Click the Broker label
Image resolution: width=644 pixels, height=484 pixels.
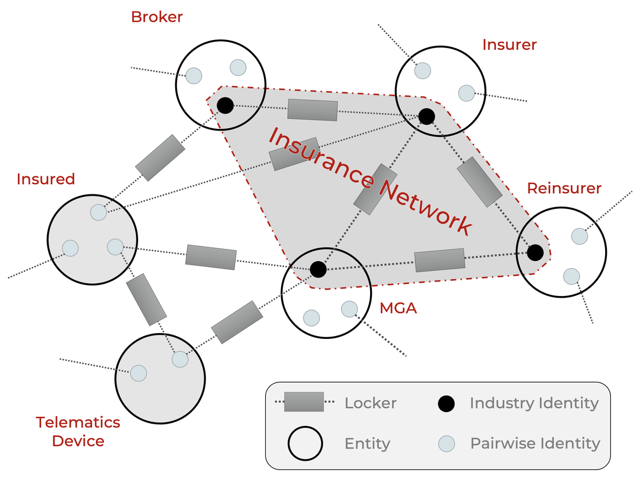click(157, 17)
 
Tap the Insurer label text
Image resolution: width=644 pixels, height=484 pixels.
click(509, 45)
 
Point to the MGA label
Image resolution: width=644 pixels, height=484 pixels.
click(398, 308)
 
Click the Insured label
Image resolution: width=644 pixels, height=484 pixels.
click(46, 179)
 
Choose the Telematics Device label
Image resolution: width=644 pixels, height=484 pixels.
click(78, 431)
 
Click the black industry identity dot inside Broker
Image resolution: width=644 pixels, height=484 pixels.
click(225, 106)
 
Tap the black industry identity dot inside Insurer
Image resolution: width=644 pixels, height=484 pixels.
click(426, 116)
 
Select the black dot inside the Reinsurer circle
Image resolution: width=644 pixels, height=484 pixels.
click(535, 252)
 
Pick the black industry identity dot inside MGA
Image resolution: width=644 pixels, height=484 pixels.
click(318, 269)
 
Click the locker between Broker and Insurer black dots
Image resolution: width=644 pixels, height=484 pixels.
click(313, 110)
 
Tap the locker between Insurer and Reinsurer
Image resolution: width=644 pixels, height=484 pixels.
click(479, 181)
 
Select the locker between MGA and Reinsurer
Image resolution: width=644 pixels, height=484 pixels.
click(440, 260)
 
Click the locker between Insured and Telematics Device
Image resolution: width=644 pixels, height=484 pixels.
click(146, 299)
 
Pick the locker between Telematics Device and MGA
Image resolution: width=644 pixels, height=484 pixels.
click(237, 322)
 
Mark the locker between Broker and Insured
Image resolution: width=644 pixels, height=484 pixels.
click(160, 157)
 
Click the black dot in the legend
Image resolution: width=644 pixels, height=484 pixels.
click(446, 403)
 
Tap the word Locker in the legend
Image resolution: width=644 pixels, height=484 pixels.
click(370, 403)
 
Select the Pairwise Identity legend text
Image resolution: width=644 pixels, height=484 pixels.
click(535, 444)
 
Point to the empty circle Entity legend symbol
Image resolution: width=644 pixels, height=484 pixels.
click(305, 444)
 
